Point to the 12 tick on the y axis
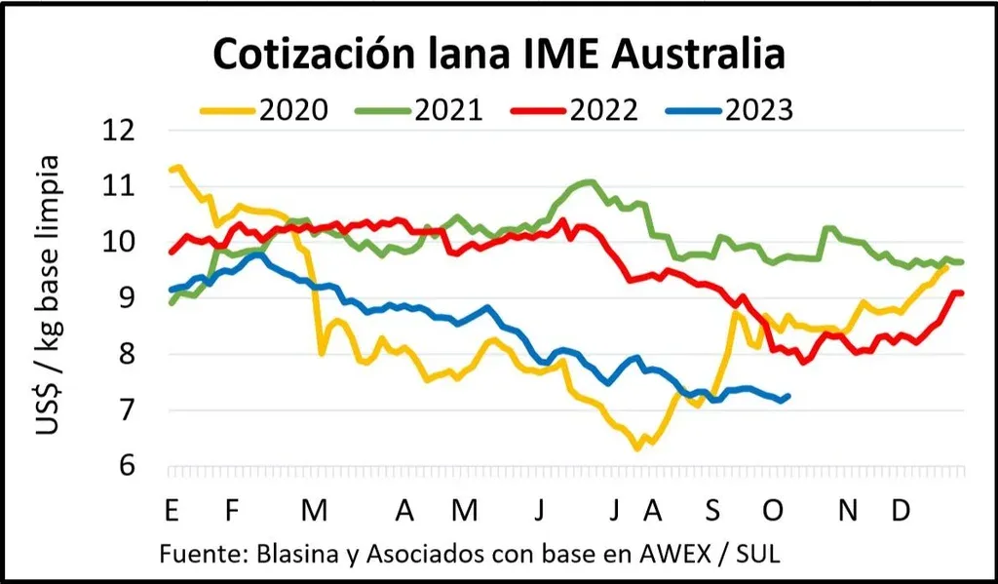128,131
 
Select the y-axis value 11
128,187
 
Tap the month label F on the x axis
231,510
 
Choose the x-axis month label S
714,510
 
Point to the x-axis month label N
849,510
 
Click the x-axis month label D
902,510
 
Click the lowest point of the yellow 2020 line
637,448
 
